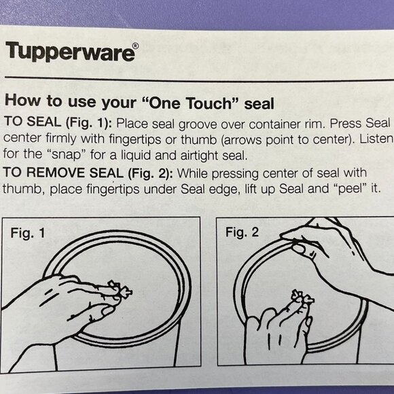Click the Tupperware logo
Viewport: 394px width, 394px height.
point(69,52)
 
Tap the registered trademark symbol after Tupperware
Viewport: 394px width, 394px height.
point(135,48)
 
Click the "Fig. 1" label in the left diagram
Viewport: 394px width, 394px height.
point(28,233)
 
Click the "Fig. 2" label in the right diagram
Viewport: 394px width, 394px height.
point(242,232)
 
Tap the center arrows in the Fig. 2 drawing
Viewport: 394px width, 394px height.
point(301,298)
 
